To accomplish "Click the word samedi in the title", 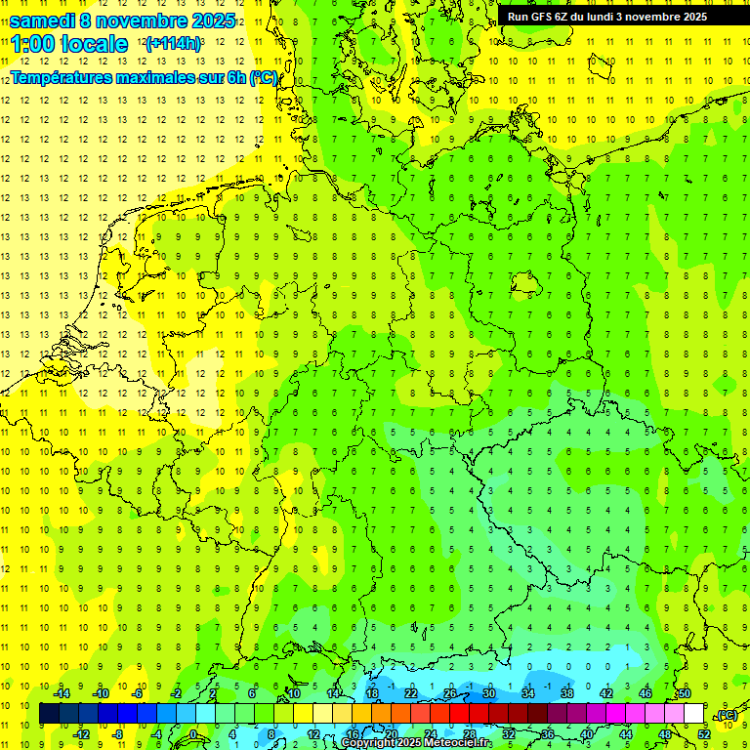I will [x=43, y=21].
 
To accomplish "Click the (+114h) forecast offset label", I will [x=173, y=44].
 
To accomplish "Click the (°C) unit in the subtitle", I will [x=264, y=77].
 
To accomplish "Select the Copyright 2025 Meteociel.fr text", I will [x=417, y=743].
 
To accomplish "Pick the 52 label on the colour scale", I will [x=704, y=733].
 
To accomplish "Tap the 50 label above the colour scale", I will [x=685, y=693].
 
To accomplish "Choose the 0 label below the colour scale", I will [x=193, y=733].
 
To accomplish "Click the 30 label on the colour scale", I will [x=489, y=693].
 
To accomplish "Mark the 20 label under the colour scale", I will [x=391, y=733].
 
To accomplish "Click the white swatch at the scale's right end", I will [x=694, y=714].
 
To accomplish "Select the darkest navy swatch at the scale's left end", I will [x=49, y=714].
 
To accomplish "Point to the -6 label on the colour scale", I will [x=138, y=693].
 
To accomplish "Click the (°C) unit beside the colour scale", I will [x=727, y=714].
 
